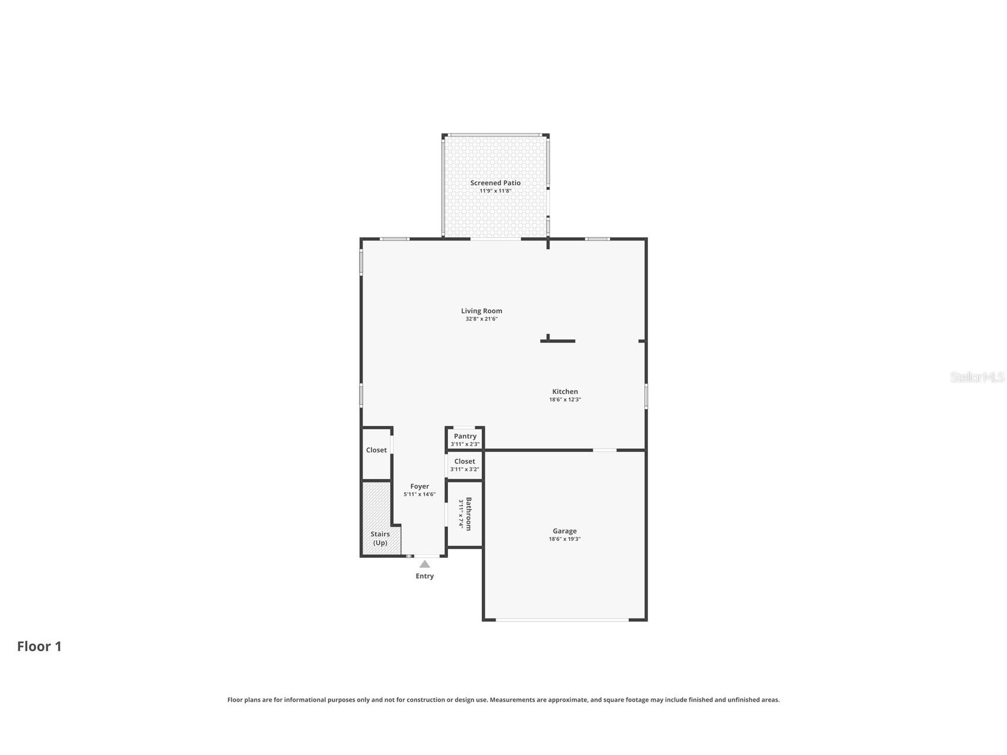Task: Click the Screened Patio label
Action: click(x=495, y=183)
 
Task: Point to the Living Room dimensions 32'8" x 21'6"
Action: click(x=481, y=319)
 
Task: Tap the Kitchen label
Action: click(x=565, y=392)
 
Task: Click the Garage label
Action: click(x=564, y=531)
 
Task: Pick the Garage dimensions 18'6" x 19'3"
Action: click(x=564, y=540)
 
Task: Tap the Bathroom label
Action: click(x=469, y=513)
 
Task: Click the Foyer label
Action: click(x=420, y=487)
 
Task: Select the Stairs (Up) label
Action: click(x=380, y=538)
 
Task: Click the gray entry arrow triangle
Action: click(x=425, y=564)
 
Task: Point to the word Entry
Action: click(x=425, y=576)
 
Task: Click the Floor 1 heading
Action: click(x=39, y=646)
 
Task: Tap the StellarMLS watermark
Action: click(x=977, y=377)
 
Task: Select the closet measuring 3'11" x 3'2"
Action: click(x=465, y=465)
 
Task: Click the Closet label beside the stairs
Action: click(x=376, y=451)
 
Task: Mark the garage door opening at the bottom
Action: click(x=562, y=620)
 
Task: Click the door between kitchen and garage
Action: click(x=605, y=451)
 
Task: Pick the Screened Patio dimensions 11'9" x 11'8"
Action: click(x=495, y=191)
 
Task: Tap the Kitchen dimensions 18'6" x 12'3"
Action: click(x=565, y=400)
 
